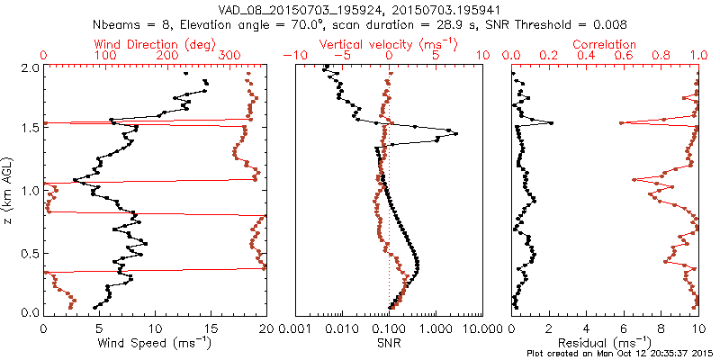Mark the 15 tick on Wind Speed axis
(x=211, y=328)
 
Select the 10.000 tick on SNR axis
(x=476, y=328)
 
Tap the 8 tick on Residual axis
(x=661, y=328)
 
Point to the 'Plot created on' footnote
(x=620, y=354)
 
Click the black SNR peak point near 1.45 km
(x=456, y=134)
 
